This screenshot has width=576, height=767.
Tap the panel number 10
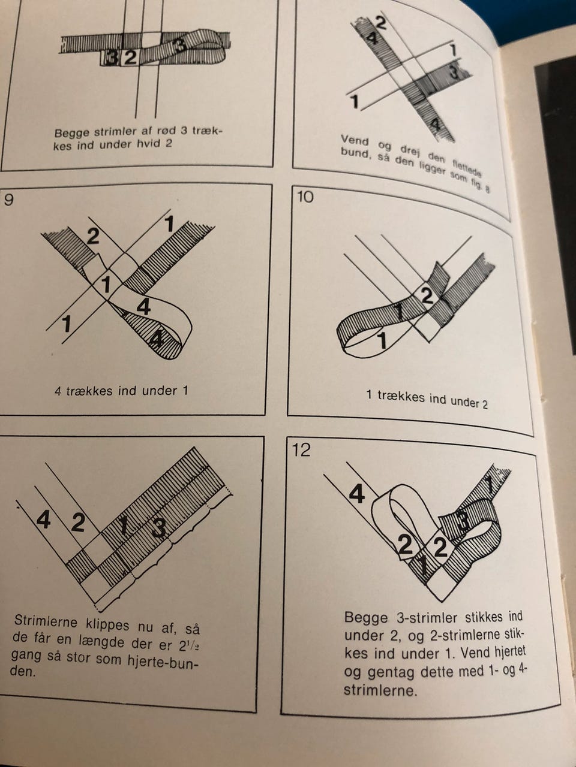click(x=305, y=197)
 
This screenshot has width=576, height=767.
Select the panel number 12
click(x=301, y=450)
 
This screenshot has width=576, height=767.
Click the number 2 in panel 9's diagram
click(x=92, y=236)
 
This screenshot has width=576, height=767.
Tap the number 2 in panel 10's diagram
click(x=427, y=295)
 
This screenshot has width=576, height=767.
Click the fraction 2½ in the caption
click(x=188, y=647)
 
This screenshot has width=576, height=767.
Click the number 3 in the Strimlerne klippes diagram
click(x=159, y=528)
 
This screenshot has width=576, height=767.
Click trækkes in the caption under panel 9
click(x=90, y=390)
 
